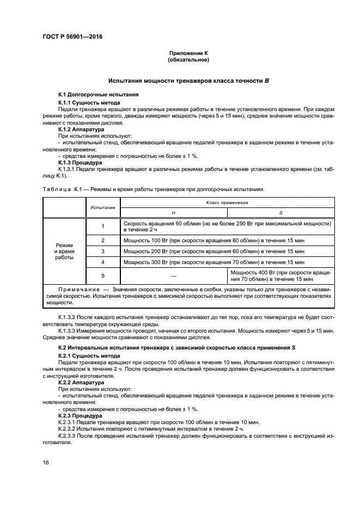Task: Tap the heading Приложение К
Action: [188, 53]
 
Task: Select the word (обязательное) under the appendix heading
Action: [188, 59]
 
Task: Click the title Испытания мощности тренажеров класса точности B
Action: [188, 80]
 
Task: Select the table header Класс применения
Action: [227, 203]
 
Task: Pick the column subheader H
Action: [173, 212]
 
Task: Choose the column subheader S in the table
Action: [280, 212]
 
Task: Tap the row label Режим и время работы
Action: [63, 251]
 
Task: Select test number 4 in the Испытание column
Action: [102, 262]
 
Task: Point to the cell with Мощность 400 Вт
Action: [280, 275]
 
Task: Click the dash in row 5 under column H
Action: [173, 275]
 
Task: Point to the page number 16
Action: [46, 462]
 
